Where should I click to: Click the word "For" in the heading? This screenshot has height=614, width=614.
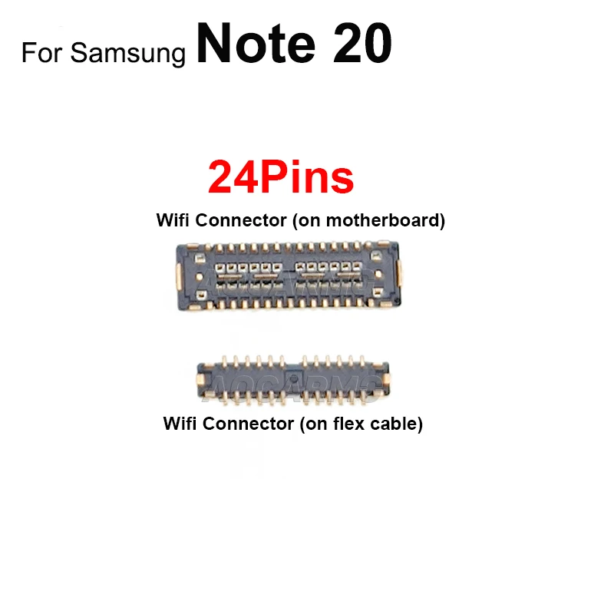click(x=42, y=54)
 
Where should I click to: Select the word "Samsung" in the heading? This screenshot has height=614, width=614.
click(x=128, y=54)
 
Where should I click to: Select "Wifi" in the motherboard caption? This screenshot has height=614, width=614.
click(x=173, y=221)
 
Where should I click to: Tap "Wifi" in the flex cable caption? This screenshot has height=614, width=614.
click(x=180, y=424)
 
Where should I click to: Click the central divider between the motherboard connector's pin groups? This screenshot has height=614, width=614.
click(x=288, y=275)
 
